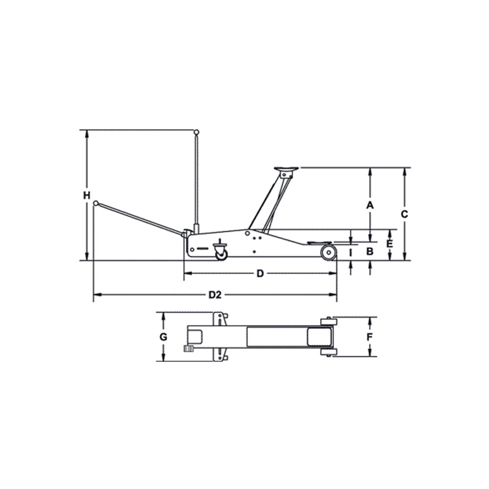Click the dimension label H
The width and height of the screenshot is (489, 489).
coord(87,196)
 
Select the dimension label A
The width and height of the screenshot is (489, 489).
coord(370,205)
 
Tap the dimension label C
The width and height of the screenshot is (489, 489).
coord(404,214)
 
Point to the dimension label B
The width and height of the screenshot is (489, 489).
coord(370,251)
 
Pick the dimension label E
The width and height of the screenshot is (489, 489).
coord(390,244)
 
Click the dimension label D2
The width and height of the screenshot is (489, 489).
coord(215,295)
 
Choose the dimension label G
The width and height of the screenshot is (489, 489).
coord(163,337)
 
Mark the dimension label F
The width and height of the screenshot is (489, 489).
coord(370,337)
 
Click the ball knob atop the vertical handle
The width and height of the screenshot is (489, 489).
coord(196,132)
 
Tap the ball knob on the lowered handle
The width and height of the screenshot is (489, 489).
coord(96,203)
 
